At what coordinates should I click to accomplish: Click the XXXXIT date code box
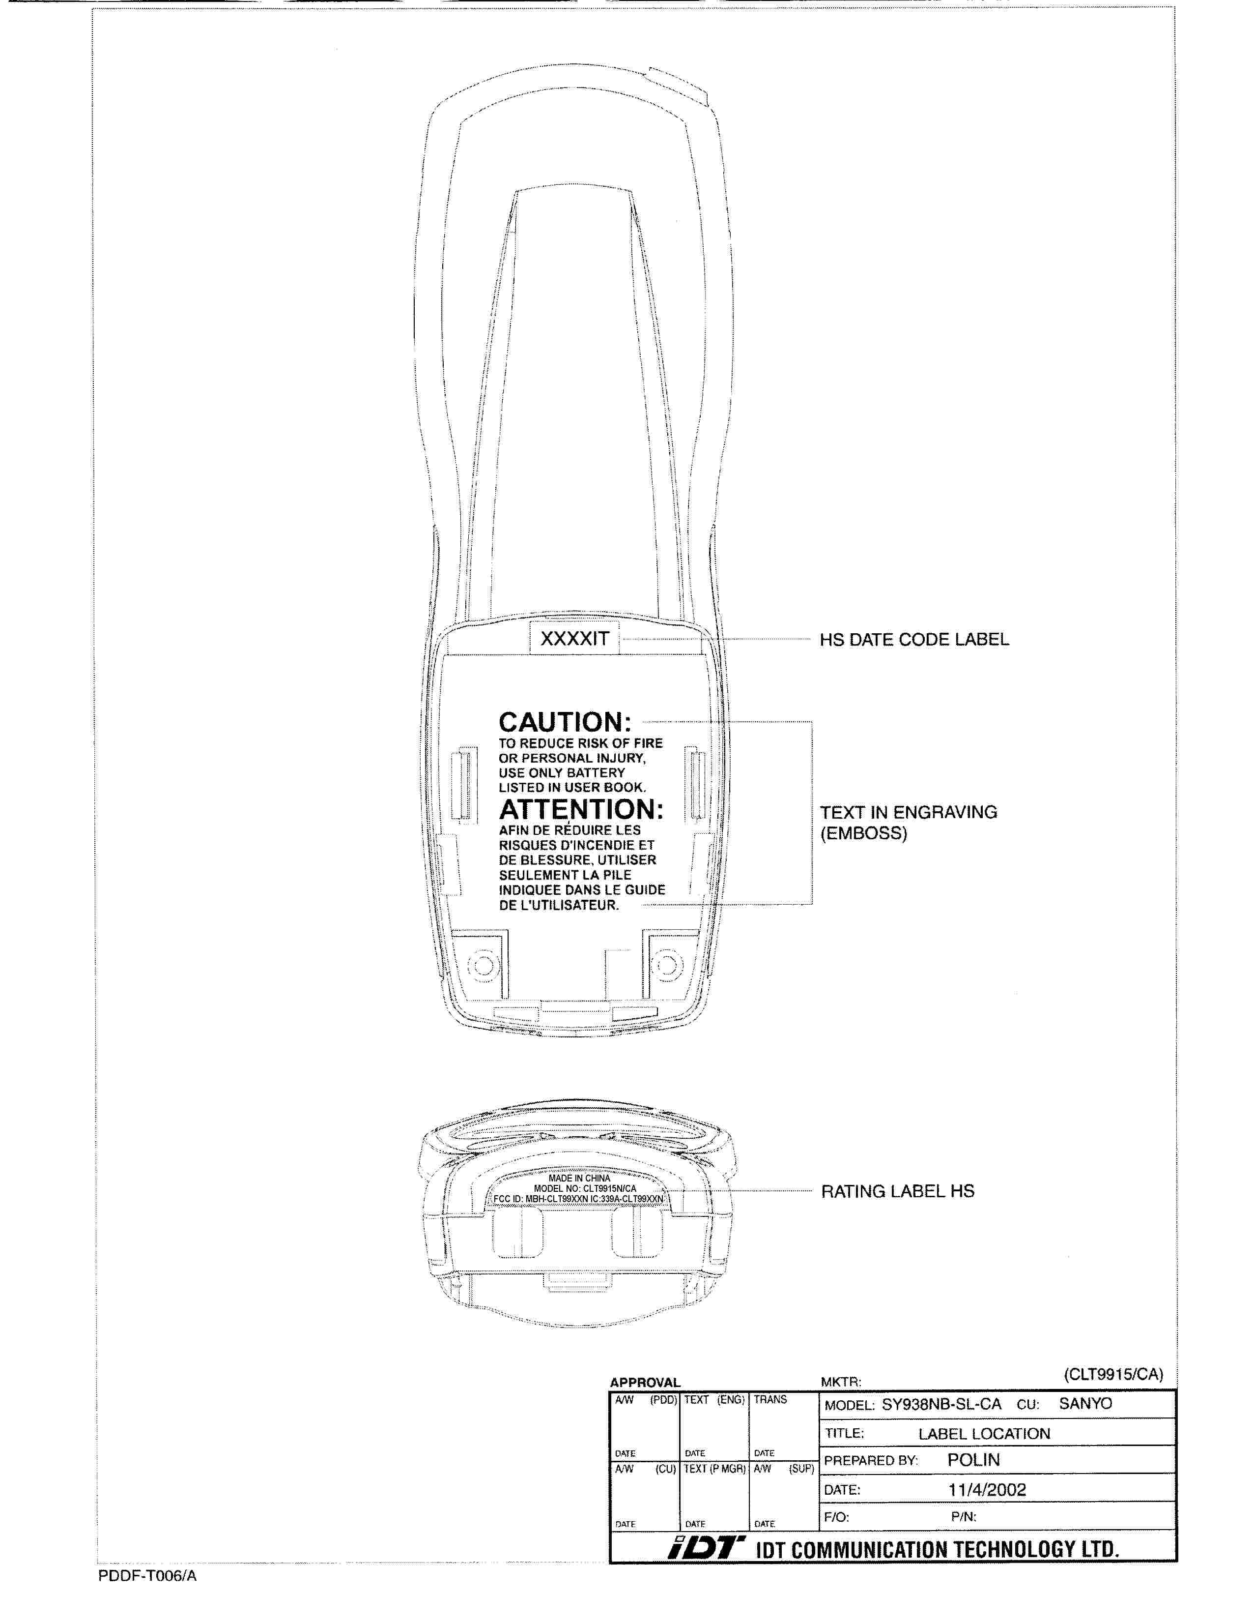(574, 639)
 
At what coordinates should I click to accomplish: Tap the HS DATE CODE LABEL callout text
(913, 640)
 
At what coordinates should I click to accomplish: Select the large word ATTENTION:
(581, 809)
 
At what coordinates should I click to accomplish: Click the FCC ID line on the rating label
(578, 1199)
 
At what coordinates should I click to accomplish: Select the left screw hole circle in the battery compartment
(483, 965)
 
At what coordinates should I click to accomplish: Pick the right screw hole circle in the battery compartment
(667, 965)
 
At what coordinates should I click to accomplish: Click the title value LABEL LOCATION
(984, 1434)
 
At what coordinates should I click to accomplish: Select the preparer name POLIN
(973, 1460)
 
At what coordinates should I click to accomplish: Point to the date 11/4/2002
(987, 1489)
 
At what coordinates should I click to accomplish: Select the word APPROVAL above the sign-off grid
(644, 1382)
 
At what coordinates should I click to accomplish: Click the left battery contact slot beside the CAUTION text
(464, 785)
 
